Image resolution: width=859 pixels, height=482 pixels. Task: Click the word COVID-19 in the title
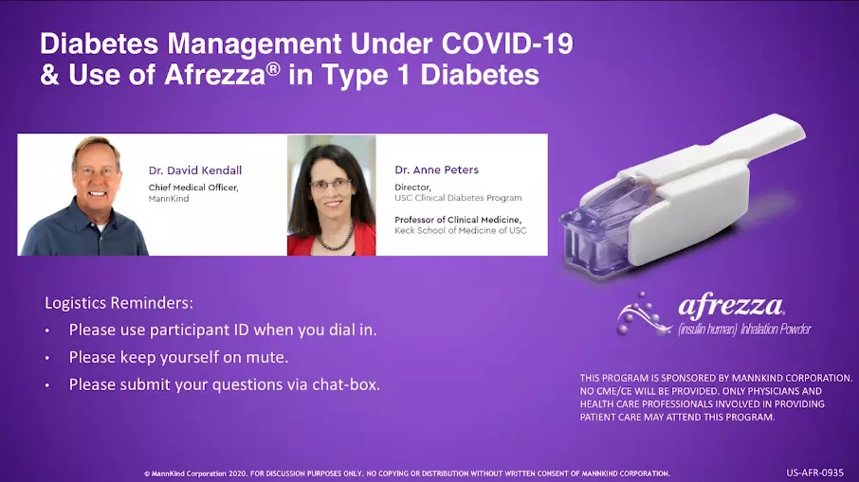(x=506, y=44)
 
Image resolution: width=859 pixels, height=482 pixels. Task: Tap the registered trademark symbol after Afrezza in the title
(x=273, y=68)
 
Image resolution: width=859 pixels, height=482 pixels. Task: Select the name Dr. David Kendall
(x=195, y=170)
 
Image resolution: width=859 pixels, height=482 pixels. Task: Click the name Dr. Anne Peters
(x=437, y=170)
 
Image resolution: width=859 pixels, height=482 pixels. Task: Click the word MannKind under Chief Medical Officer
(x=169, y=199)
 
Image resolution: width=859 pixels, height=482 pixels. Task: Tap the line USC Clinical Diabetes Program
(x=458, y=198)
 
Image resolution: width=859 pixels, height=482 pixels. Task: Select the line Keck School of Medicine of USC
(x=460, y=230)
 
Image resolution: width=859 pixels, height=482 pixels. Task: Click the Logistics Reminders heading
(x=119, y=303)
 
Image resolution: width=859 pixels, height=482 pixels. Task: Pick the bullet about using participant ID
(x=223, y=330)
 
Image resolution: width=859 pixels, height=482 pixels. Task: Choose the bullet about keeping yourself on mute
(x=178, y=357)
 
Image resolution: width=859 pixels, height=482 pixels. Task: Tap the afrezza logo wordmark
(x=731, y=305)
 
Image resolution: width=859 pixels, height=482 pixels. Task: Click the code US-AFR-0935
(x=814, y=473)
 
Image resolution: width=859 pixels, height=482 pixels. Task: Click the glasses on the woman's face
(x=331, y=185)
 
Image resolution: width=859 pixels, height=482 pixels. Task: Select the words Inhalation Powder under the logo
(x=776, y=330)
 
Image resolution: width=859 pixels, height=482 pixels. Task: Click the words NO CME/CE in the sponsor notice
(x=602, y=391)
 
